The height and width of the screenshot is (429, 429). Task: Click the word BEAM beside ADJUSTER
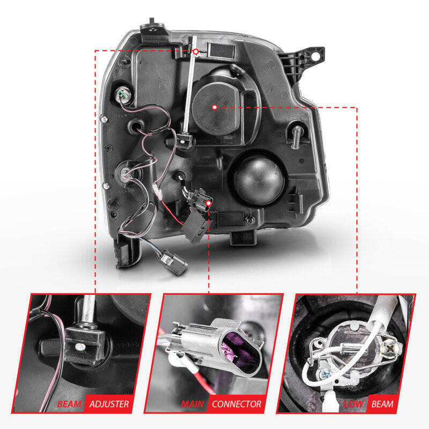pyautogui.click(x=70, y=404)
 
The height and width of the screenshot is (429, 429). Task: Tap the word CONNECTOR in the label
pyautogui.click(x=237, y=404)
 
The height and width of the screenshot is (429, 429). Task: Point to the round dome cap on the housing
pyautogui.click(x=257, y=178)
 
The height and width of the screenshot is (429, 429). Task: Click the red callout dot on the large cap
pyautogui.click(x=214, y=107)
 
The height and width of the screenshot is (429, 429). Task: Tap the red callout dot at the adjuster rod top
pyautogui.click(x=196, y=52)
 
